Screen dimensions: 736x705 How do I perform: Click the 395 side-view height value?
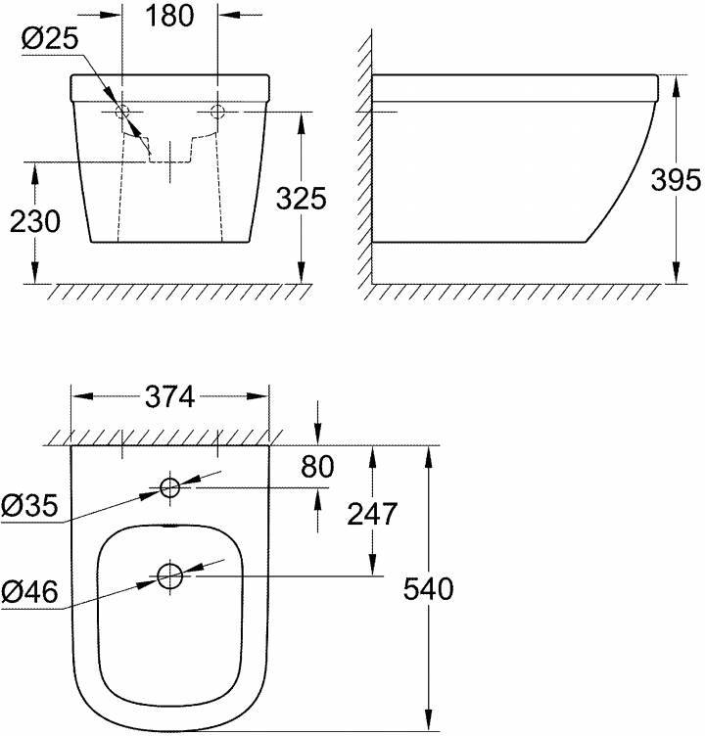point(676,180)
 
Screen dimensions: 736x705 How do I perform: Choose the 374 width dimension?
point(170,396)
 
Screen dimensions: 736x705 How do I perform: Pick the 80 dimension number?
point(317,468)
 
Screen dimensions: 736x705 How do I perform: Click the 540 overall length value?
point(428,589)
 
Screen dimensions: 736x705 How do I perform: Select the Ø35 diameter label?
point(30,506)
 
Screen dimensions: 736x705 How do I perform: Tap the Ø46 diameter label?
point(30,591)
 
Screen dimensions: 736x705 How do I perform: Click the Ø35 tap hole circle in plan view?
point(170,486)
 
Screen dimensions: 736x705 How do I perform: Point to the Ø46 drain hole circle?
point(170,576)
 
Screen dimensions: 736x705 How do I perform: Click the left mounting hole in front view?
point(123,111)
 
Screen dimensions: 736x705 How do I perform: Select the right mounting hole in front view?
point(217,111)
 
